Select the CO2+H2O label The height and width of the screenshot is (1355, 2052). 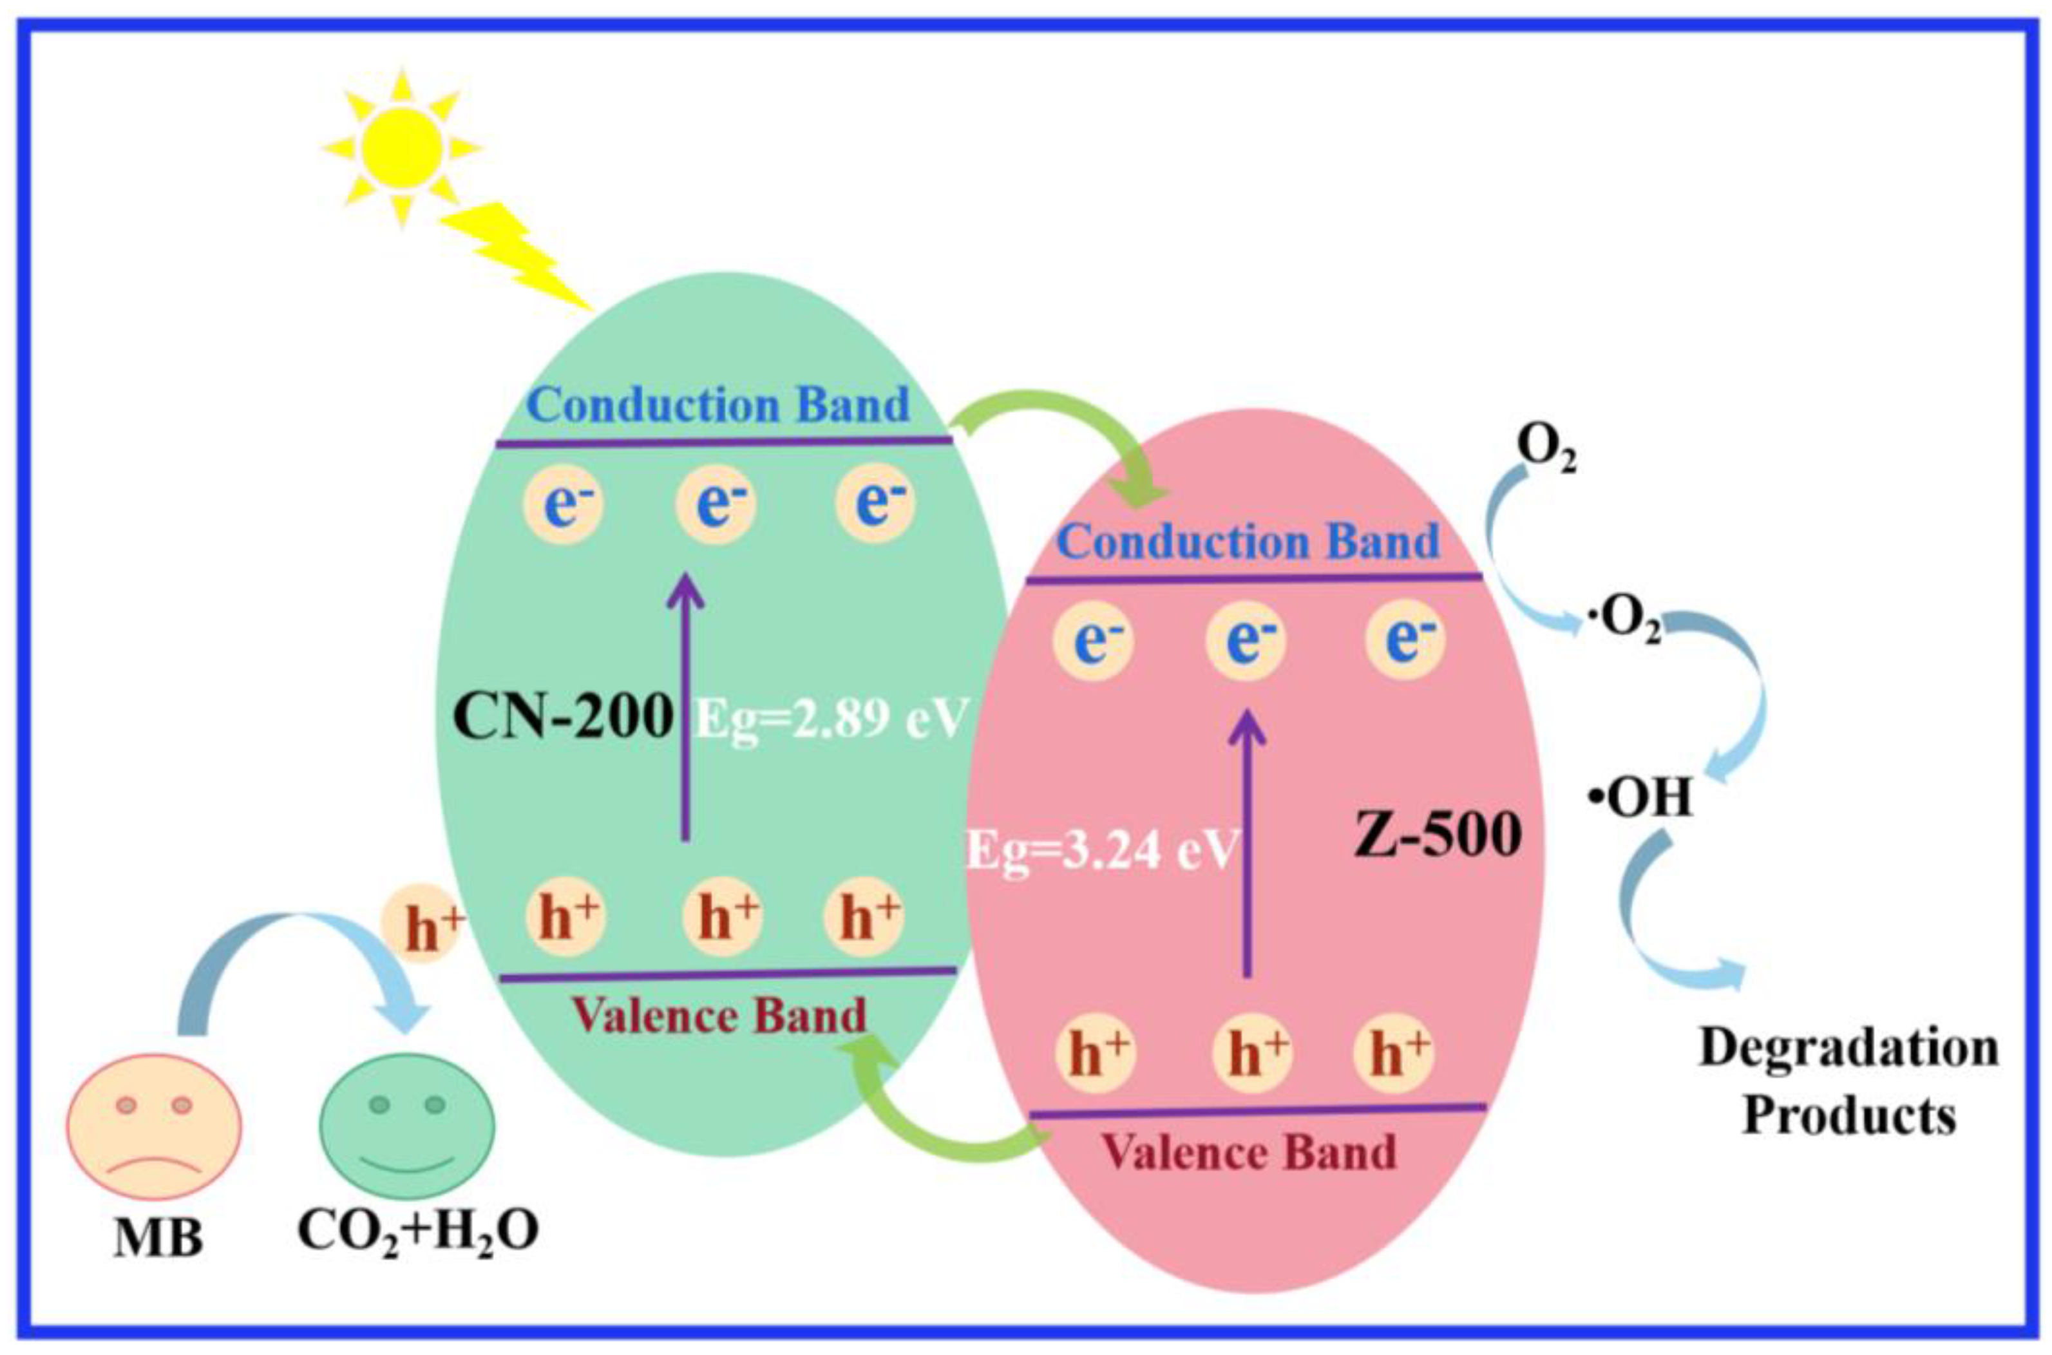[x=418, y=1231]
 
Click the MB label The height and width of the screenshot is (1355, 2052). [x=158, y=1238]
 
